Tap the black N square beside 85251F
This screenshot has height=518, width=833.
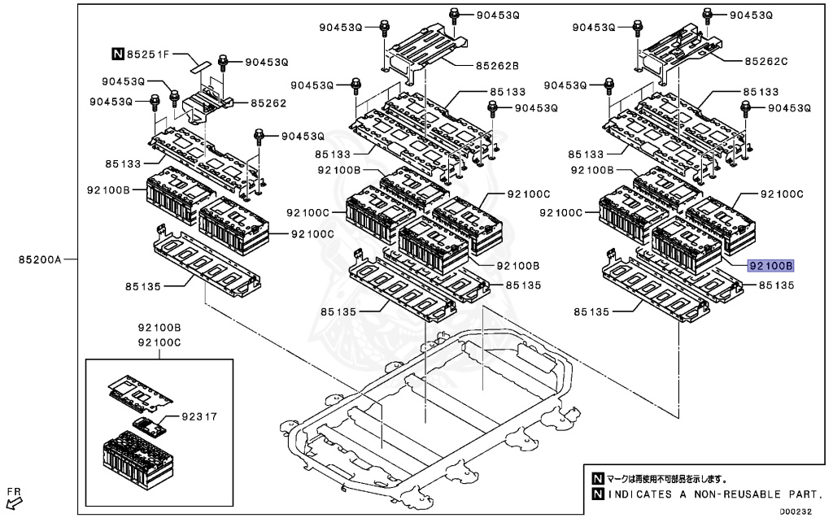pyautogui.click(x=118, y=54)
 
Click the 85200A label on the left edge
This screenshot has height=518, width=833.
pyautogui.click(x=38, y=260)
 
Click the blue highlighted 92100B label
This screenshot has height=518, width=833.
pyautogui.click(x=771, y=266)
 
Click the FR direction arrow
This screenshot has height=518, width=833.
pyautogui.click(x=14, y=498)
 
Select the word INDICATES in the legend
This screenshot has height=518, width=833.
pyautogui.click(x=641, y=494)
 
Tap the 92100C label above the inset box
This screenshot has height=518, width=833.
pyautogui.click(x=159, y=343)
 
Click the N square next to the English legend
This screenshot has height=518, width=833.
pyautogui.click(x=598, y=494)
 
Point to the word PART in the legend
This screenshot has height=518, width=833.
pyautogui.click(x=805, y=494)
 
